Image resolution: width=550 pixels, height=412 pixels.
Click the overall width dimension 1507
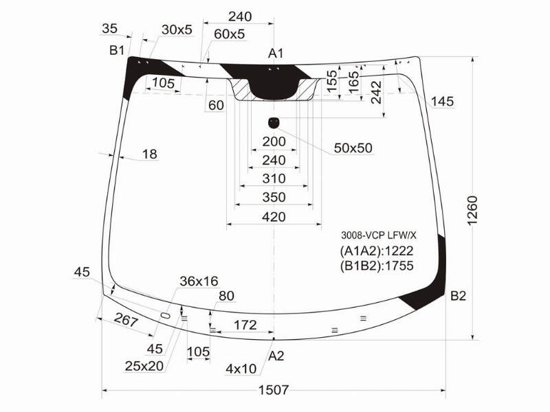273,389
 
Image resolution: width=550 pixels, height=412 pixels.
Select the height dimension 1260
472,211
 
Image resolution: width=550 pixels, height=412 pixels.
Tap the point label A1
276,54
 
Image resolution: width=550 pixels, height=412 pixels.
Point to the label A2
276,356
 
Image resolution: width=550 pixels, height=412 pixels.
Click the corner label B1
117,50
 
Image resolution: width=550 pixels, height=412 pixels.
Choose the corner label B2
458,296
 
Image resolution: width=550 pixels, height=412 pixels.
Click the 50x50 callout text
353,148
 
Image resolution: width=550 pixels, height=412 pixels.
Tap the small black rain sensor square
273,123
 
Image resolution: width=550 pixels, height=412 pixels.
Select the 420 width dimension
274,217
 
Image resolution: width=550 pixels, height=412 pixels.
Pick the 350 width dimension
274,197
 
